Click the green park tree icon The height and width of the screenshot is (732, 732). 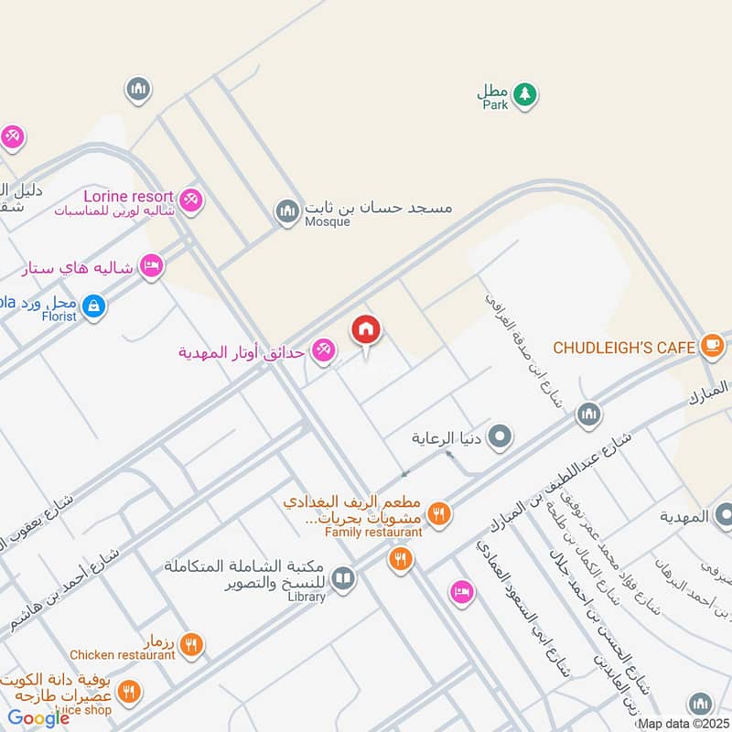[524, 93]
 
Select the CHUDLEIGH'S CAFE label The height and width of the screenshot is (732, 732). [623, 348]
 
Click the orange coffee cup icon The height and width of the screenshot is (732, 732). [712, 346]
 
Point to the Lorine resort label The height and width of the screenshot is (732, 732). [128, 196]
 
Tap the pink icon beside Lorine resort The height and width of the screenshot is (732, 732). [190, 199]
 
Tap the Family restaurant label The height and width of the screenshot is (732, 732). [373, 531]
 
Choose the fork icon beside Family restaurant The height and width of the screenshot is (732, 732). [439, 515]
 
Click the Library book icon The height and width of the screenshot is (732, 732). [343, 579]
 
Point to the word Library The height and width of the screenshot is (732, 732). [307, 597]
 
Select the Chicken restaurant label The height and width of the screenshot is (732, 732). [123, 654]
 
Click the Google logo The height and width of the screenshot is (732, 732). [39, 718]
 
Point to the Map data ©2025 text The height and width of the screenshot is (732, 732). [682, 723]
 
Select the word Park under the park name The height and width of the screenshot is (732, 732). [495, 105]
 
